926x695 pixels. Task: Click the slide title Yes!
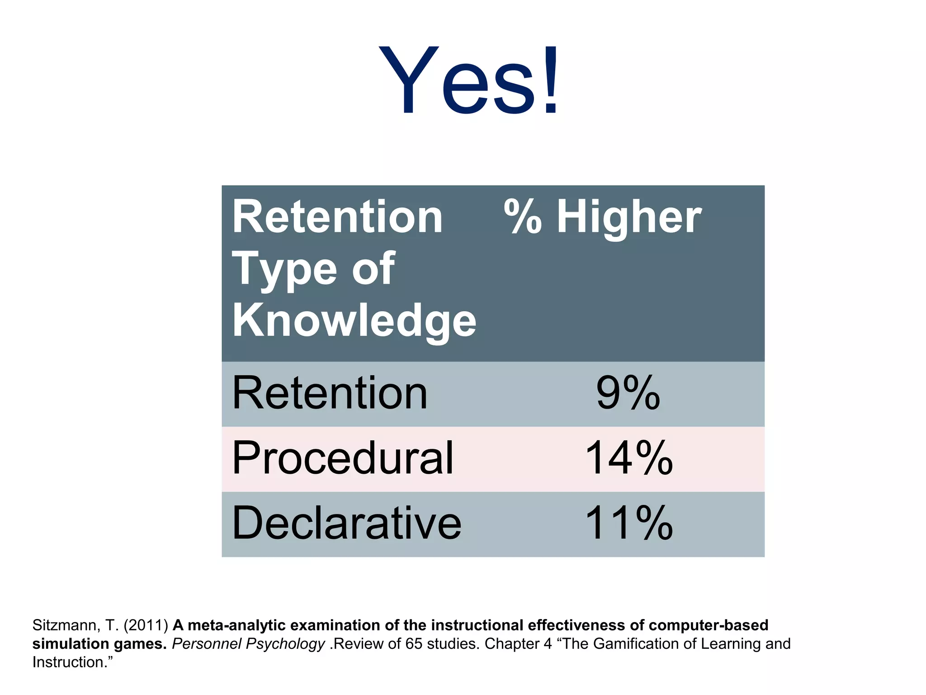[x=468, y=81]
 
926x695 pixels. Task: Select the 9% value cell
[x=628, y=394]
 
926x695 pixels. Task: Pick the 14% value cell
[x=628, y=459]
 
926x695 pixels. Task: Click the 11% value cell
[x=628, y=524]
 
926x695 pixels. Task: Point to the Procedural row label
[x=342, y=459]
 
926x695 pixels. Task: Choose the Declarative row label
[x=346, y=524]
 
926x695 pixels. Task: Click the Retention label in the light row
[x=330, y=394]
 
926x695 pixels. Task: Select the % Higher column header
[x=602, y=218]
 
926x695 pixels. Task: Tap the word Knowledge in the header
[x=354, y=320]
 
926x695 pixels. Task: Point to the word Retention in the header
[x=337, y=218]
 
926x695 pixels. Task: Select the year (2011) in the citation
[x=146, y=625]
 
